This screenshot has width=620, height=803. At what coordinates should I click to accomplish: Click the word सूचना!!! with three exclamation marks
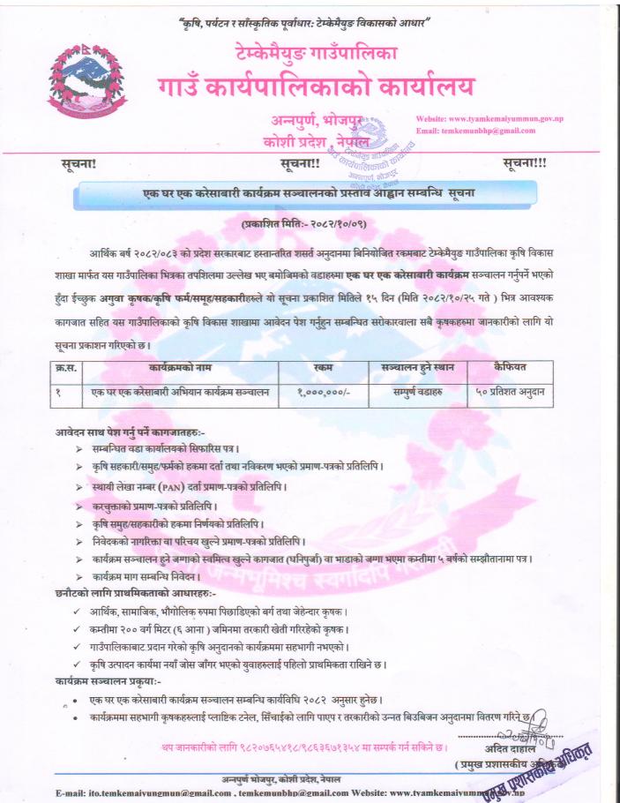click(x=523, y=164)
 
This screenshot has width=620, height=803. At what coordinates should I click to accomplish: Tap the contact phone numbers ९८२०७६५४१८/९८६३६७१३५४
click(x=296, y=748)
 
